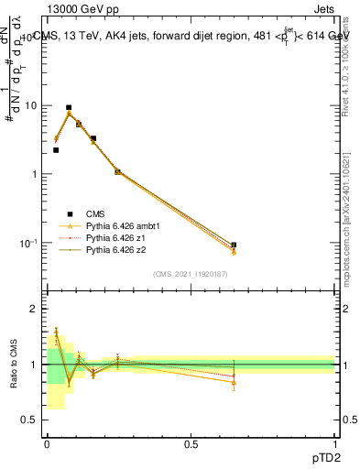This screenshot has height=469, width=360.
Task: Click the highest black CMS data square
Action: coord(69,107)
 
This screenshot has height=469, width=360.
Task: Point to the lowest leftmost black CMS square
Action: coord(56,150)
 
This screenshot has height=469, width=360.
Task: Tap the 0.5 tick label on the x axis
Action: coord(191,444)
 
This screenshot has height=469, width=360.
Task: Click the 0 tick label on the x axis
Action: coord(47,444)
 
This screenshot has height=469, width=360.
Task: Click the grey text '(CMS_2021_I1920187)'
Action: coord(191,274)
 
